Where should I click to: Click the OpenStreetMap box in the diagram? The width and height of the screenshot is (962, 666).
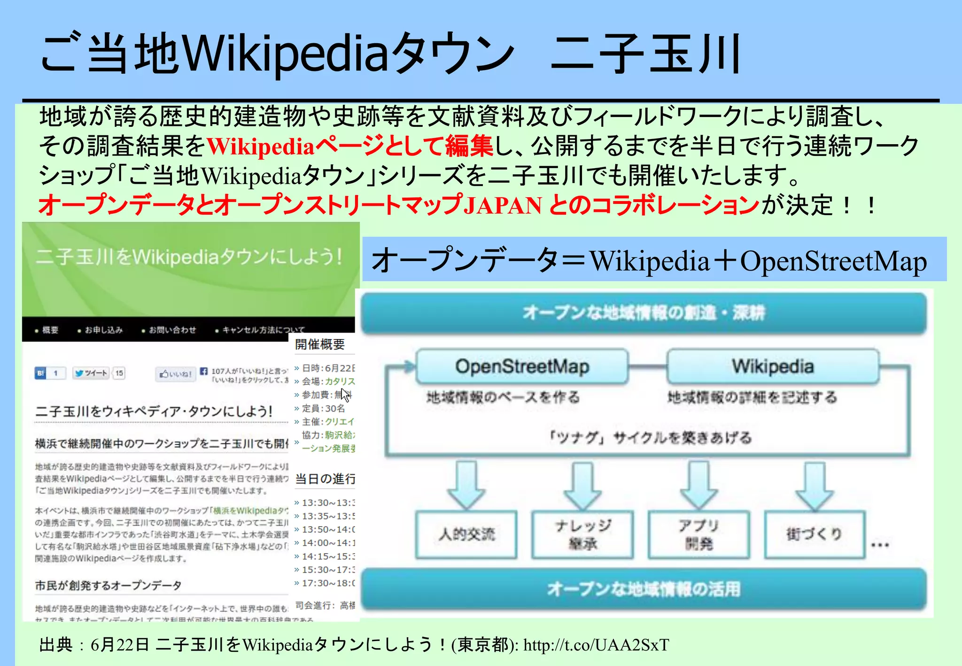(x=522, y=367)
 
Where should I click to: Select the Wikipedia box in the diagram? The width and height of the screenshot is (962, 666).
(x=773, y=367)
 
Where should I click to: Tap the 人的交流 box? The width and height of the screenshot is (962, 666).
(x=466, y=534)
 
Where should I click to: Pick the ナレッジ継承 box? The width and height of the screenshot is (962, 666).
(x=582, y=534)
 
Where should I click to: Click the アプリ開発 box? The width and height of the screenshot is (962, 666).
(x=698, y=534)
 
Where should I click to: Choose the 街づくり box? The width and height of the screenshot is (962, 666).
(x=815, y=534)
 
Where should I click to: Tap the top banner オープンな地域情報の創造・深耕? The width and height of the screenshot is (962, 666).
(x=644, y=312)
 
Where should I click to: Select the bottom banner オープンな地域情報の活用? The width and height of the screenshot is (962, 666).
(x=644, y=589)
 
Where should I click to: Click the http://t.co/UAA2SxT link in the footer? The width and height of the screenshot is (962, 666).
(x=596, y=645)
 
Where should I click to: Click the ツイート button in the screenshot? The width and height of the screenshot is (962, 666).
(x=91, y=373)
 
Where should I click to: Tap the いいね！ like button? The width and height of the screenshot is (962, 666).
(x=176, y=374)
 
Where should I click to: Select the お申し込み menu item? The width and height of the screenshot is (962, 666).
(x=103, y=330)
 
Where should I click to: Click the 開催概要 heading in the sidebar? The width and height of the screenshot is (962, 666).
(x=320, y=345)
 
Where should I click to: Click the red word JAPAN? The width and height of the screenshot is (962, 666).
(x=502, y=206)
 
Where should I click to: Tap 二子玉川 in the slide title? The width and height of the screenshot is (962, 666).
(x=645, y=54)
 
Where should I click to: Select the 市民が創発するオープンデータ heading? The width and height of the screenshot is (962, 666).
(x=108, y=586)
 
